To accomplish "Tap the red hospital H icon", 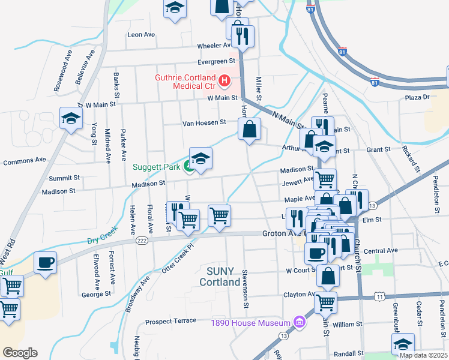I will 224,80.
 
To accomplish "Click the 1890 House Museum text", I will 250,323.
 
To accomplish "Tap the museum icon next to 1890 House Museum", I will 298,323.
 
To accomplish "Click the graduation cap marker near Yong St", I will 70,118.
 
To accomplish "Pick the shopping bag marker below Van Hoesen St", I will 249,128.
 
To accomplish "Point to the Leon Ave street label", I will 142,35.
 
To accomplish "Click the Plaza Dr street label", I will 417,97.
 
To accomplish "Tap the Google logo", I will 20,353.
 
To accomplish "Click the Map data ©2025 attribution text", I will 423,355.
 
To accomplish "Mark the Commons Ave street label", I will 24,161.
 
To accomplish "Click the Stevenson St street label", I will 245,288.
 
